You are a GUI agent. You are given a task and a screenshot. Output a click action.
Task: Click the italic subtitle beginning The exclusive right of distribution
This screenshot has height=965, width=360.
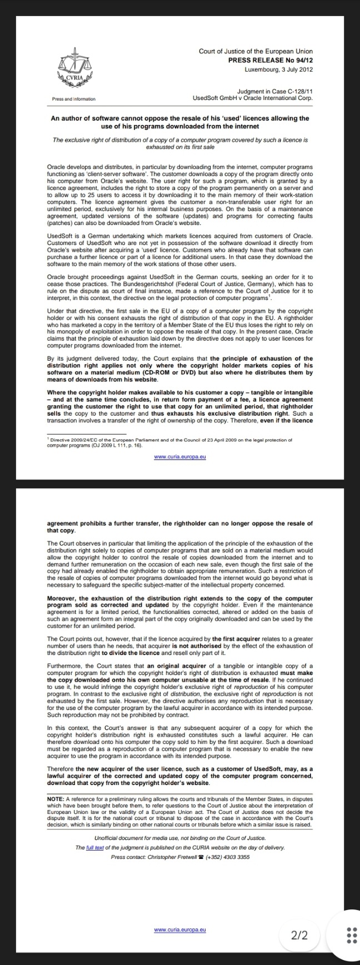180,143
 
